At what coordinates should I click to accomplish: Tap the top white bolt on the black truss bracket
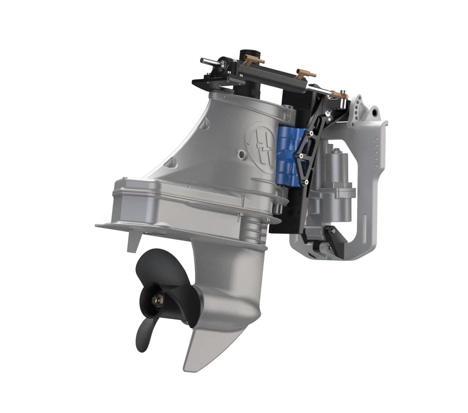click(x=328, y=114)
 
